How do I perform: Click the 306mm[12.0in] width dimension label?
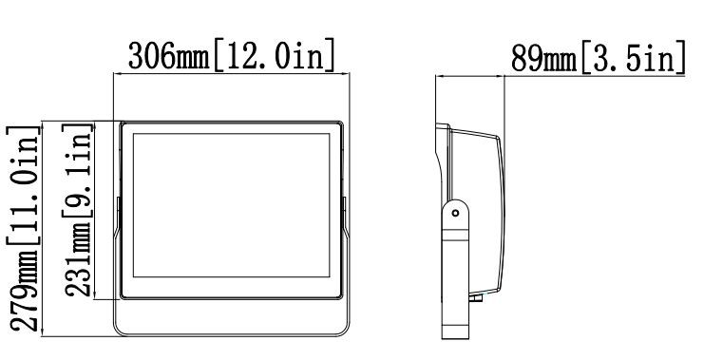[232, 56]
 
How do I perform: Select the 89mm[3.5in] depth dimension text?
[599, 57]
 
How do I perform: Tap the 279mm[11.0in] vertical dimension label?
[24, 229]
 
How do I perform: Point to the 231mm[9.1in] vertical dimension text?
[78, 210]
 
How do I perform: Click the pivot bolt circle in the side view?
[455, 213]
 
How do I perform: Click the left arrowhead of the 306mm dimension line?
[117, 73]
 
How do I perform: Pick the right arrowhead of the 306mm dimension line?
[346, 73]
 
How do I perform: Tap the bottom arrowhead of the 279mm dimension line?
[42, 332]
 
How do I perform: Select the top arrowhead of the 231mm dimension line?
[94, 125]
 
